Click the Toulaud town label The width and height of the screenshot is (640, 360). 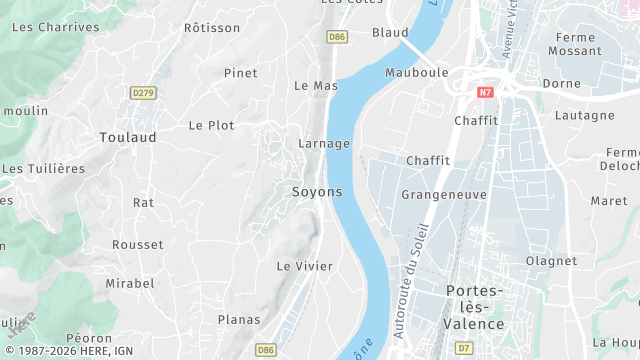[128, 137]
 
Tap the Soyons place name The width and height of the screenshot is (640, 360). [317, 191]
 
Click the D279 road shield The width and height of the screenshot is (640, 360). [144, 93]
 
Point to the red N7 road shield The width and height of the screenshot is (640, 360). [485, 92]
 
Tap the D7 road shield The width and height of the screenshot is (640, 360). [463, 349]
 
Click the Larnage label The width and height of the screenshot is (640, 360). [324, 143]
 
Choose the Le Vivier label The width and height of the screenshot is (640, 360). [304, 265]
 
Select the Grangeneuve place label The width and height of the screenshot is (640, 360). [443, 194]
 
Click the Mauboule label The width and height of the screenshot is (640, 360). [417, 73]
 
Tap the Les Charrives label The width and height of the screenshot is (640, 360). [55, 27]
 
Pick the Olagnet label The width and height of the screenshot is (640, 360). [552, 261]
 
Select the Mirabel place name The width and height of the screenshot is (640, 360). [130, 283]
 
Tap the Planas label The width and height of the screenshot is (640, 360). [239, 319]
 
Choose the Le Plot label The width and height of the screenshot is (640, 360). [211, 125]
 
